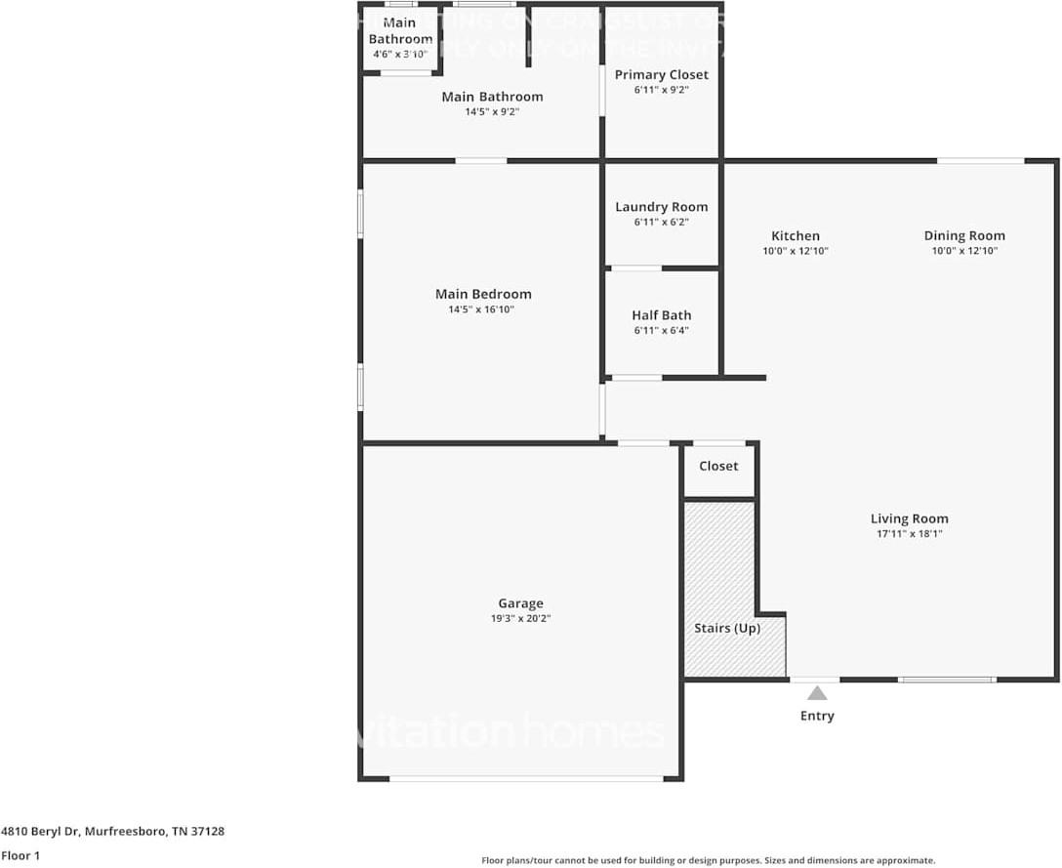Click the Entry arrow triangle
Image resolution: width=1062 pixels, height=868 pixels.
coord(817,693)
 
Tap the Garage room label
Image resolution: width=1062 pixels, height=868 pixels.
coord(520,603)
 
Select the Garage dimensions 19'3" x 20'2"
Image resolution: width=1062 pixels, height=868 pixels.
coord(520,618)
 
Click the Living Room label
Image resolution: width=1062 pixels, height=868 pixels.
coord(909,518)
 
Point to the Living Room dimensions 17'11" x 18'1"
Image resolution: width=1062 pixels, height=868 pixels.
coord(909,534)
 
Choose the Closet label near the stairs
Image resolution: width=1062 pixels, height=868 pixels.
coord(718,466)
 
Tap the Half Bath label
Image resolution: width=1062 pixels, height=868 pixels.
coord(661,315)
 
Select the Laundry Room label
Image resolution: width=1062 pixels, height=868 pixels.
coord(661,207)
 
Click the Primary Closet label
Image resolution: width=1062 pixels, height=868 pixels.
coord(661,74)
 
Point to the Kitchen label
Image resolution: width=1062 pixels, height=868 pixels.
coord(796,235)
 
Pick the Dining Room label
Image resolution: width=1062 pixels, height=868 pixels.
coord(964,235)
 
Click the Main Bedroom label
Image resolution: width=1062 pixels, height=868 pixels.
coord(483,294)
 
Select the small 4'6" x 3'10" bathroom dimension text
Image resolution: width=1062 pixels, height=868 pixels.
coord(400,54)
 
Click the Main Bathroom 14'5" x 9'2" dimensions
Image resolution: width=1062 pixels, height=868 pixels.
coord(492,112)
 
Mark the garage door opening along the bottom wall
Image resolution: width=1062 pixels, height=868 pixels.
coord(526,778)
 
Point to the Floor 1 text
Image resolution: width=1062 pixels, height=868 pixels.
coord(20,855)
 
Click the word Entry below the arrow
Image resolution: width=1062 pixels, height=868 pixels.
coord(817,716)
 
